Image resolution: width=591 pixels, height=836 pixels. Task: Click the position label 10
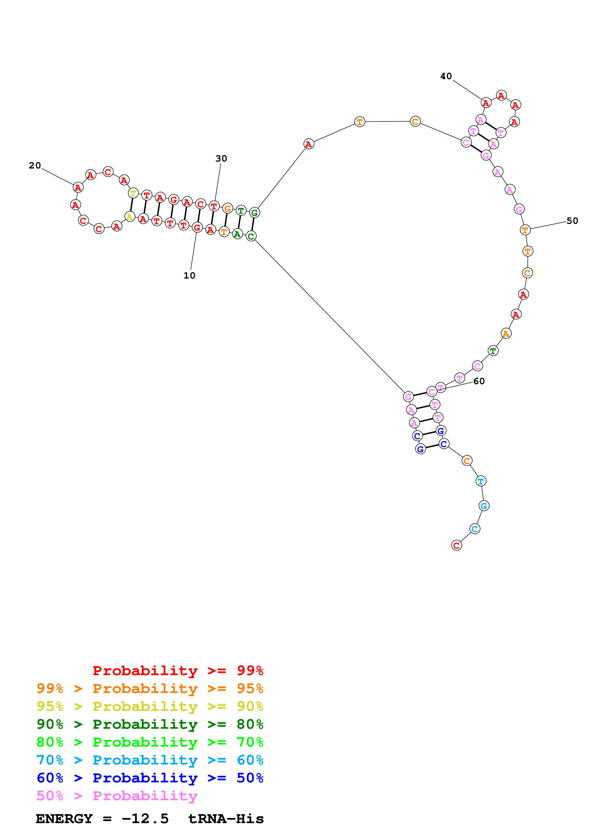pyautogui.click(x=189, y=276)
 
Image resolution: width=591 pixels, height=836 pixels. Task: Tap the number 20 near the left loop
pyautogui.click(x=35, y=166)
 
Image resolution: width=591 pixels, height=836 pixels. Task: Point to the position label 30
pyautogui.click(x=221, y=159)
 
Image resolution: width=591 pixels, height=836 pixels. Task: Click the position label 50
pyautogui.click(x=572, y=221)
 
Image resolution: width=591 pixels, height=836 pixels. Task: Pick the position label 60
pyautogui.click(x=479, y=381)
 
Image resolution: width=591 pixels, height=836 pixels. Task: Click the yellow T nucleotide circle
pyautogui.click(x=133, y=193)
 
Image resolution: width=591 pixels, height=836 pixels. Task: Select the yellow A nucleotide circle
pyautogui.click(x=130, y=217)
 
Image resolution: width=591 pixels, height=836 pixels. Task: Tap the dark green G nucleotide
pyautogui.click(x=255, y=213)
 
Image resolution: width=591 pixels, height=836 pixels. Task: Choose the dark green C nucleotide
pyautogui.click(x=251, y=236)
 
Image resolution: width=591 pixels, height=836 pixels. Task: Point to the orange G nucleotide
pyautogui.click(x=227, y=208)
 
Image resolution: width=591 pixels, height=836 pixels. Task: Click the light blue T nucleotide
pyautogui.click(x=481, y=481)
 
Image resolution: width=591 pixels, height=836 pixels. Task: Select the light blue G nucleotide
pyautogui.click(x=483, y=505)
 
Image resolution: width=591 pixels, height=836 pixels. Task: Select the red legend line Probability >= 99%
pyautogui.click(x=178, y=670)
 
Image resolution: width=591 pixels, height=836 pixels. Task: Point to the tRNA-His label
pyautogui.click(x=226, y=819)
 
